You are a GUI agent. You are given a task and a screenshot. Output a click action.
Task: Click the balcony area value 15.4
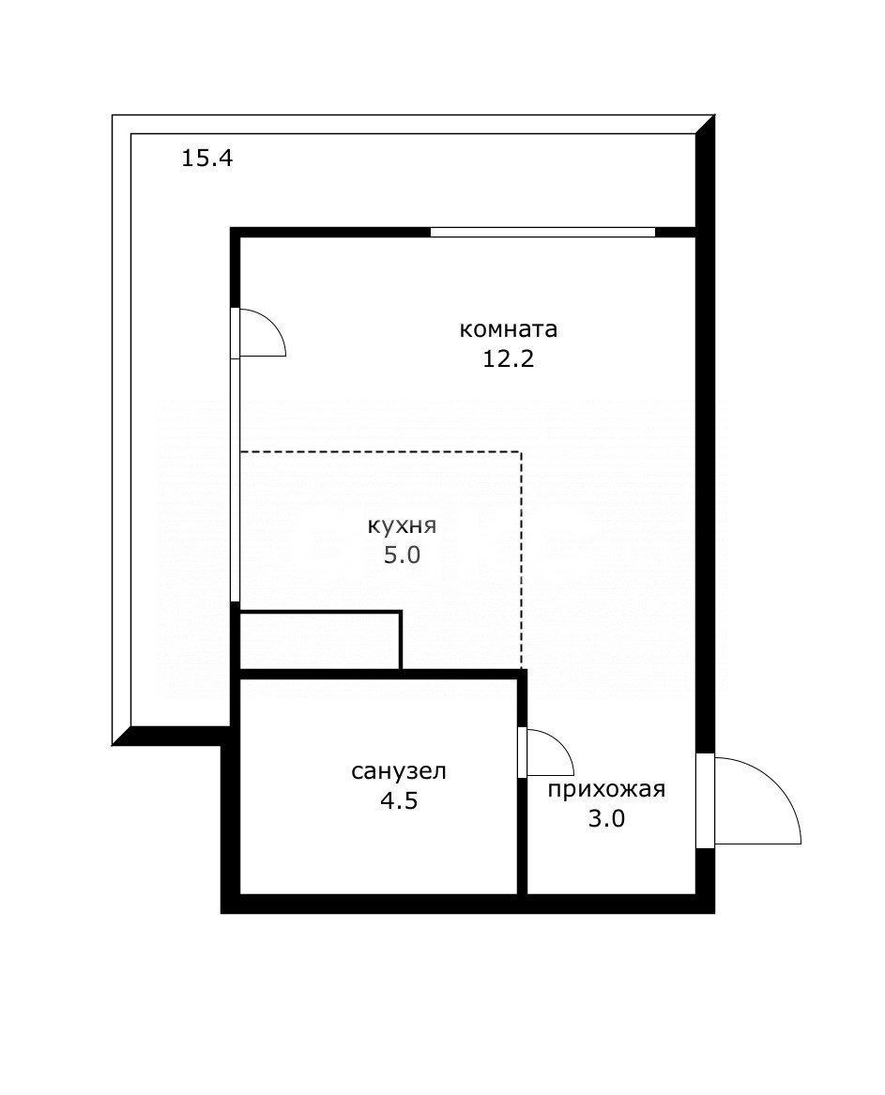pyautogui.click(x=206, y=159)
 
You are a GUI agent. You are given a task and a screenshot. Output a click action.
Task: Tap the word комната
pyautogui.click(x=509, y=330)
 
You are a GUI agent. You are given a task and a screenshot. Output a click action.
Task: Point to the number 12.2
pyautogui.click(x=509, y=359)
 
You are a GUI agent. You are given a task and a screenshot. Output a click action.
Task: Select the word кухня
pyautogui.click(x=402, y=525)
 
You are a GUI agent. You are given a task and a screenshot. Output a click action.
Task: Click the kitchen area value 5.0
pyautogui.click(x=402, y=555)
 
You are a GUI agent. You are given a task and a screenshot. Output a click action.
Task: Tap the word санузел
pyautogui.click(x=399, y=772)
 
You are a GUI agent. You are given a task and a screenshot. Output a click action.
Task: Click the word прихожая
pyautogui.click(x=606, y=789)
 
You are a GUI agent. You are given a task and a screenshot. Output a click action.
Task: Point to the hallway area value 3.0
pyautogui.click(x=606, y=818)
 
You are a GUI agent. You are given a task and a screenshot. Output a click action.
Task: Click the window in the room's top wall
pyautogui.click(x=542, y=232)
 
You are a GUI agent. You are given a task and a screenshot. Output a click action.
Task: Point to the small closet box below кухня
pyautogui.click(x=320, y=641)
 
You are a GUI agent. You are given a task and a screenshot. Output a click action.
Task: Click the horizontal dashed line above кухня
pyautogui.click(x=380, y=452)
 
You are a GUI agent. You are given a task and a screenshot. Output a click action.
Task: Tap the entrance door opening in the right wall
pyautogui.click(x=705, y=800)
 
